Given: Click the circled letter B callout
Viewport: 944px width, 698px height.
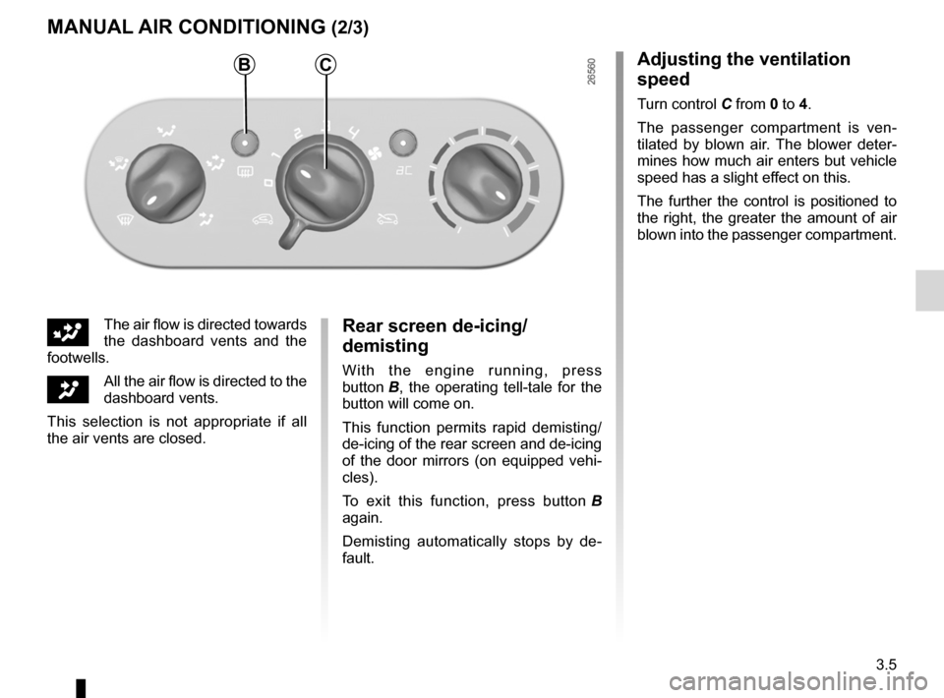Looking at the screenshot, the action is [x=245, y=64].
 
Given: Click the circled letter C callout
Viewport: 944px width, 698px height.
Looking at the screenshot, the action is [x=325, y=64].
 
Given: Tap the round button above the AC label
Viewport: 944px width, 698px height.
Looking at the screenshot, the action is [x=403, y=144].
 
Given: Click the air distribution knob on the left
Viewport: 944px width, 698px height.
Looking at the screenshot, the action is [x=165, y=184].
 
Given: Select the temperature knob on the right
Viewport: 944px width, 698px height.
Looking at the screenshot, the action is [x=482, y=184].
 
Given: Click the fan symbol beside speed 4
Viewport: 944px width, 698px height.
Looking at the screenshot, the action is [x=374, y=154].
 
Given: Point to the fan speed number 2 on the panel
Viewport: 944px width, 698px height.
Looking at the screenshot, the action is [x=297, y=133].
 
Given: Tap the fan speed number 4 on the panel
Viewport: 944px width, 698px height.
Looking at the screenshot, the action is [x=353, y=131].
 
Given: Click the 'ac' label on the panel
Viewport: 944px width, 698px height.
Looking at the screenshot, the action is [x=404, y=171].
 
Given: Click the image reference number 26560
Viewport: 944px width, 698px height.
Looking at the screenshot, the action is [x=591, y=72].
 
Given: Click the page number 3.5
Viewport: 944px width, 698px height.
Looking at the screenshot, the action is [x=886, y=665].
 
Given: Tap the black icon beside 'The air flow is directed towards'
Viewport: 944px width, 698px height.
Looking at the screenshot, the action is [x=68, y=332].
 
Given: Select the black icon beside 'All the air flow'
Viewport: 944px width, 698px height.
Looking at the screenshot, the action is [x=68, y=389].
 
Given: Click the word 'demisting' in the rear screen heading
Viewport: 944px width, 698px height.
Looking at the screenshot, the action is [x=385, y=346].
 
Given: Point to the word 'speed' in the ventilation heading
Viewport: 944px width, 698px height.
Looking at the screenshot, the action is [x=664, y=80].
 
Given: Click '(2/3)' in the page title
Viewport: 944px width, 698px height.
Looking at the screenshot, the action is [x=349, y=28].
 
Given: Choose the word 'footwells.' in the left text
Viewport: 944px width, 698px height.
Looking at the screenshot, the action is [x=79, y=358].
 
